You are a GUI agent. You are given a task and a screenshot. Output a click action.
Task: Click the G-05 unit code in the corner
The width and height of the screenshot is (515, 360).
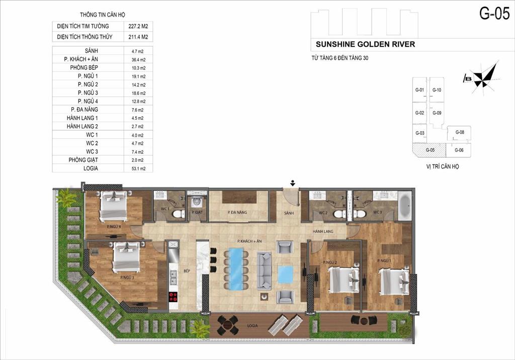click(x=494, y=14)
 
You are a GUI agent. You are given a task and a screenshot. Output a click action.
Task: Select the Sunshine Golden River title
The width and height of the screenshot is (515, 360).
click(x=365, y=44)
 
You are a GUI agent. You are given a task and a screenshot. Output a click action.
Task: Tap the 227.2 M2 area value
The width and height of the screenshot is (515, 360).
click(x=137, y=26)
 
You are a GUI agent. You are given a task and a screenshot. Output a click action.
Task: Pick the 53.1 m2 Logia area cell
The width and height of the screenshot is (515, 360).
click(x=137, y=168)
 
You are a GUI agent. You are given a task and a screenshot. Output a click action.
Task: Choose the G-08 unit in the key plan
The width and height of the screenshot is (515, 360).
click(x=459, y=132)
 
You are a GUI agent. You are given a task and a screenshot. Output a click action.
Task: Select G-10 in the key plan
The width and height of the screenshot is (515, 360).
click(x=437, y=91)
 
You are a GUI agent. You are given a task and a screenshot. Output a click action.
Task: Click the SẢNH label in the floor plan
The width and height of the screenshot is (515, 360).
click(x=288, y=213)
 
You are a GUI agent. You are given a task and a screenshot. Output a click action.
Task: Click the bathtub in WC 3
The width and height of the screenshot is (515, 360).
click(x=405, y=207)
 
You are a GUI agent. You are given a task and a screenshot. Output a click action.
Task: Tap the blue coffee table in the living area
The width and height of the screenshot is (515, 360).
click(x=285, y=274)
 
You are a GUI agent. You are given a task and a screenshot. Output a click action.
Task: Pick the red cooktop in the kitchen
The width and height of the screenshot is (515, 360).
click(x=174, y=296)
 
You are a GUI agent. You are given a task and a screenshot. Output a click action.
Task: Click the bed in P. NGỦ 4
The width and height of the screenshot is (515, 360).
click(x=114, y=207)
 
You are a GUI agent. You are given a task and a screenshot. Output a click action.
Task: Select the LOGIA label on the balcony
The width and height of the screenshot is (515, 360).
click(x=252, y=325)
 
